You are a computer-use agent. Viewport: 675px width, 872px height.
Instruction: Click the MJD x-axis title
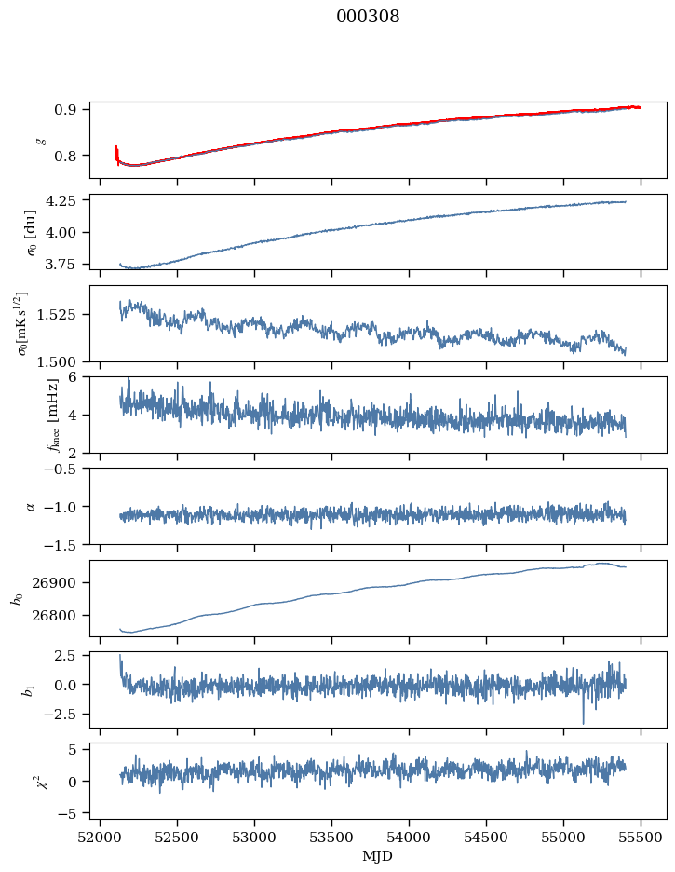tap(377, 856)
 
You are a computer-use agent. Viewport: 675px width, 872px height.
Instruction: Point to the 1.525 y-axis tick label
tap(61, 314)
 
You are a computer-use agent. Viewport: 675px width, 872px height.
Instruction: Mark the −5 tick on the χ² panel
tap(73, 813)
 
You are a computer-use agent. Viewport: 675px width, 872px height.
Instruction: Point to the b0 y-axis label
tap(16, 598)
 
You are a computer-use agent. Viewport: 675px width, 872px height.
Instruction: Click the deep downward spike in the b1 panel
tap(584, 722)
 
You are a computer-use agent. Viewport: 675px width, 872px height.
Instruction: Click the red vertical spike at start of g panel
tap(116, 152)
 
